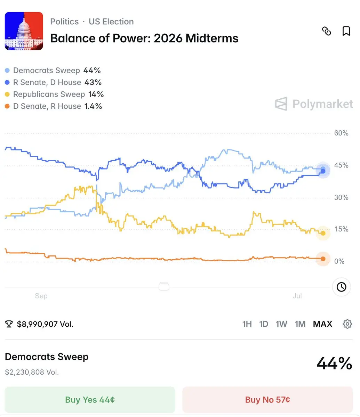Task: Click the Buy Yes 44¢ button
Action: pos(90,399)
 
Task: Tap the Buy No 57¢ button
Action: pos(267,399)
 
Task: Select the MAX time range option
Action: pos(322,324)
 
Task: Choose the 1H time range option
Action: pos(247,324)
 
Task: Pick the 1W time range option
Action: pos(281,324)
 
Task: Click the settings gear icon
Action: pos(347,324)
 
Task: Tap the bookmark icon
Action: pos(346,31)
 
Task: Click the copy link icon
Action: pos(327,31)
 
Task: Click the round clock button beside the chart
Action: pos(341,287)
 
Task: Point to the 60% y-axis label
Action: pos(341,133)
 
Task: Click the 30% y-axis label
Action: pos(341,197)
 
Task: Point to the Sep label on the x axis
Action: pos(41,296)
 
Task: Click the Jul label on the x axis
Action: pos(297,296)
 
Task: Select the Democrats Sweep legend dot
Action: pos(7,71)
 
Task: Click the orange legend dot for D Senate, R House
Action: pos(7,106)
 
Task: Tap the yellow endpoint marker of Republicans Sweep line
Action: pos(323,233)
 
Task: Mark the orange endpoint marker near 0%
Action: pos(323,259)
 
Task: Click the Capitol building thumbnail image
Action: pos(24,31)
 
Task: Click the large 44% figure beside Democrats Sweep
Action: pos(334,363)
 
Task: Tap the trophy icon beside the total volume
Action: pos(9,324)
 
